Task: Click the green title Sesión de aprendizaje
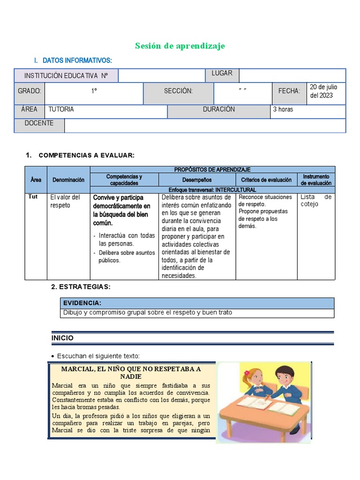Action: [180, 45]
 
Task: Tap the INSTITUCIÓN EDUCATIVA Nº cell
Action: [66, 75]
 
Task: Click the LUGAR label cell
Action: [222, 73]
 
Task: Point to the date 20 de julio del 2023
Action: [323, 91]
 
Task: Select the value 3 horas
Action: [283, 110]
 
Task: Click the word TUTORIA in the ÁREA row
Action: [61, 109]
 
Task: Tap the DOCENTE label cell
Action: [39, 123]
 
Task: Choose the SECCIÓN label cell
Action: [178, 91]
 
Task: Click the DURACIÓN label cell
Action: [219, 109]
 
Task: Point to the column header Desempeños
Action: [197, 180]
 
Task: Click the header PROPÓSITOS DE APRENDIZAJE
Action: [212, 169]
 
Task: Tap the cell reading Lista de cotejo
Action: [316, 201]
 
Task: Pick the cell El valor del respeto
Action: [66, 201]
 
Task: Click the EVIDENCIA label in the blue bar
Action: [82, 303]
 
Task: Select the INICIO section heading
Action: [62, 338]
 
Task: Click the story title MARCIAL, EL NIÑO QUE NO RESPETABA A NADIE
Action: [131, 373]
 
